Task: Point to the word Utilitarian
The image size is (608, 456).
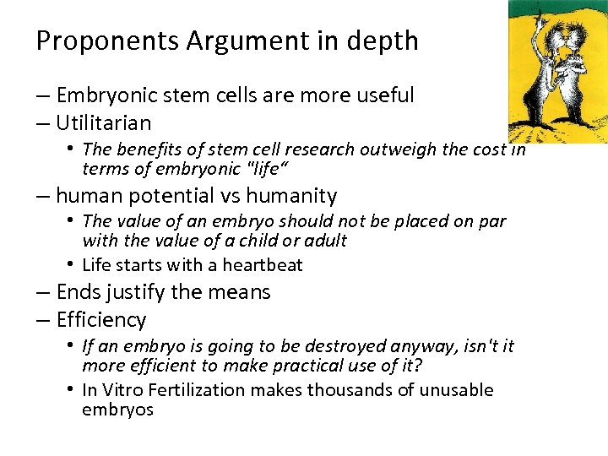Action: tap(104, 122)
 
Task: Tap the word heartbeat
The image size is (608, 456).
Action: tap(259, 265)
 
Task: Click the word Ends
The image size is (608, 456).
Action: tap(76, 292)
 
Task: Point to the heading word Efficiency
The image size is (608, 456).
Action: tap(101, 320)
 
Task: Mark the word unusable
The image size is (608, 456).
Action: tap(458, 390)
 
